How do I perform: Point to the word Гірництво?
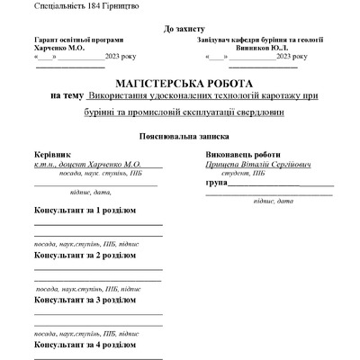pos(123,6)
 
